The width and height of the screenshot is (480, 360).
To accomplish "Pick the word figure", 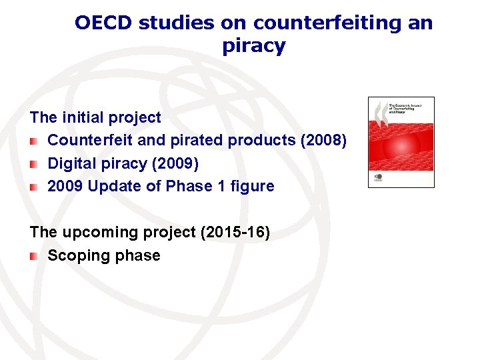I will (252, 186).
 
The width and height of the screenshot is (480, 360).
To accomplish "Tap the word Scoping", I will (75, 255).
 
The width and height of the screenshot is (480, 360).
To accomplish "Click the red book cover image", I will (401, 142).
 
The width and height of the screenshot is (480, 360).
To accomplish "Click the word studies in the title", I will (175, 23).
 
